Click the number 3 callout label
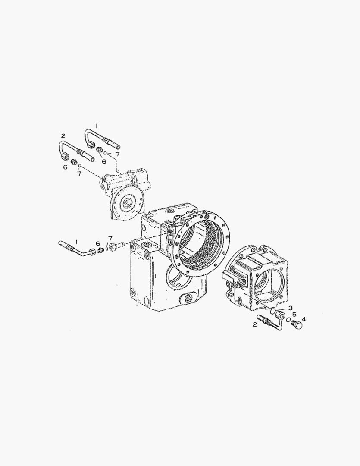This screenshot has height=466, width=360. [291, 308]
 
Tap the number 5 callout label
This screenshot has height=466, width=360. [294, 314]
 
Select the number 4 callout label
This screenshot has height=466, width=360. [303, 319]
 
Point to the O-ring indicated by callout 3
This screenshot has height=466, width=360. [272, 311]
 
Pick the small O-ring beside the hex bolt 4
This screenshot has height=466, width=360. [288, 320]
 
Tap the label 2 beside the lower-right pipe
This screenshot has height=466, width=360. [254, 324]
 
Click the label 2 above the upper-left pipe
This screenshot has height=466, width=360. [63, 136]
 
